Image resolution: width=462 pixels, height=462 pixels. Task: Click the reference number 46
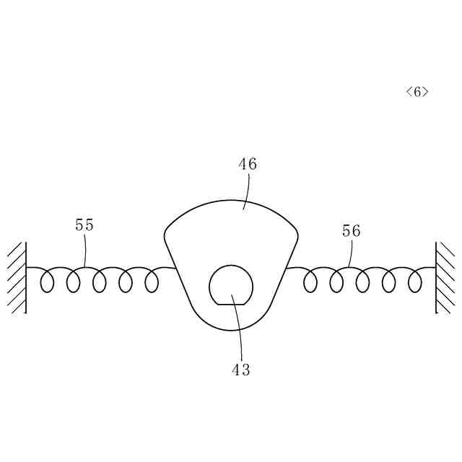point(248,164)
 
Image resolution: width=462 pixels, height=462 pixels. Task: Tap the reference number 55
point(84,225)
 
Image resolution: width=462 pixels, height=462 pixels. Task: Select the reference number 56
point(351,231)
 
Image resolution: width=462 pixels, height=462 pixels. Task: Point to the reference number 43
point(240,370)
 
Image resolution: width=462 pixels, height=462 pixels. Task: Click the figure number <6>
point(417,92)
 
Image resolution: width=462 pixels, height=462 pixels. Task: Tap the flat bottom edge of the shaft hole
point(231,304)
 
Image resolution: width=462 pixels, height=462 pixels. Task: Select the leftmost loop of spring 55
point(47,281)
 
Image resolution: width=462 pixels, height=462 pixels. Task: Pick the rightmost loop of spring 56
point(414,281)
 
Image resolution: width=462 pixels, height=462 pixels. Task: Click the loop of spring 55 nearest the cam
point(152,281)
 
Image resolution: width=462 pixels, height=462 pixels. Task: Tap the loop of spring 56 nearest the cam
point(310,281)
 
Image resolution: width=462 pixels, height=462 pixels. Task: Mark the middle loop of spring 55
point(100,281)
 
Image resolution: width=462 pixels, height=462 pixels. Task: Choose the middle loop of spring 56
point(362,281)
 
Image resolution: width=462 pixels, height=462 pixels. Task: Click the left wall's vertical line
point(26,278)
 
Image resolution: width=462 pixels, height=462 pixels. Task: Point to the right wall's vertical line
point(436,278)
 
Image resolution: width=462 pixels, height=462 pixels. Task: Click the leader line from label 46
point(248,191)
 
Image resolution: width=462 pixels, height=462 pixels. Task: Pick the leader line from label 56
point(351,254)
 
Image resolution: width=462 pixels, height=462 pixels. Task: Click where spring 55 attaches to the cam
point(175,269)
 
